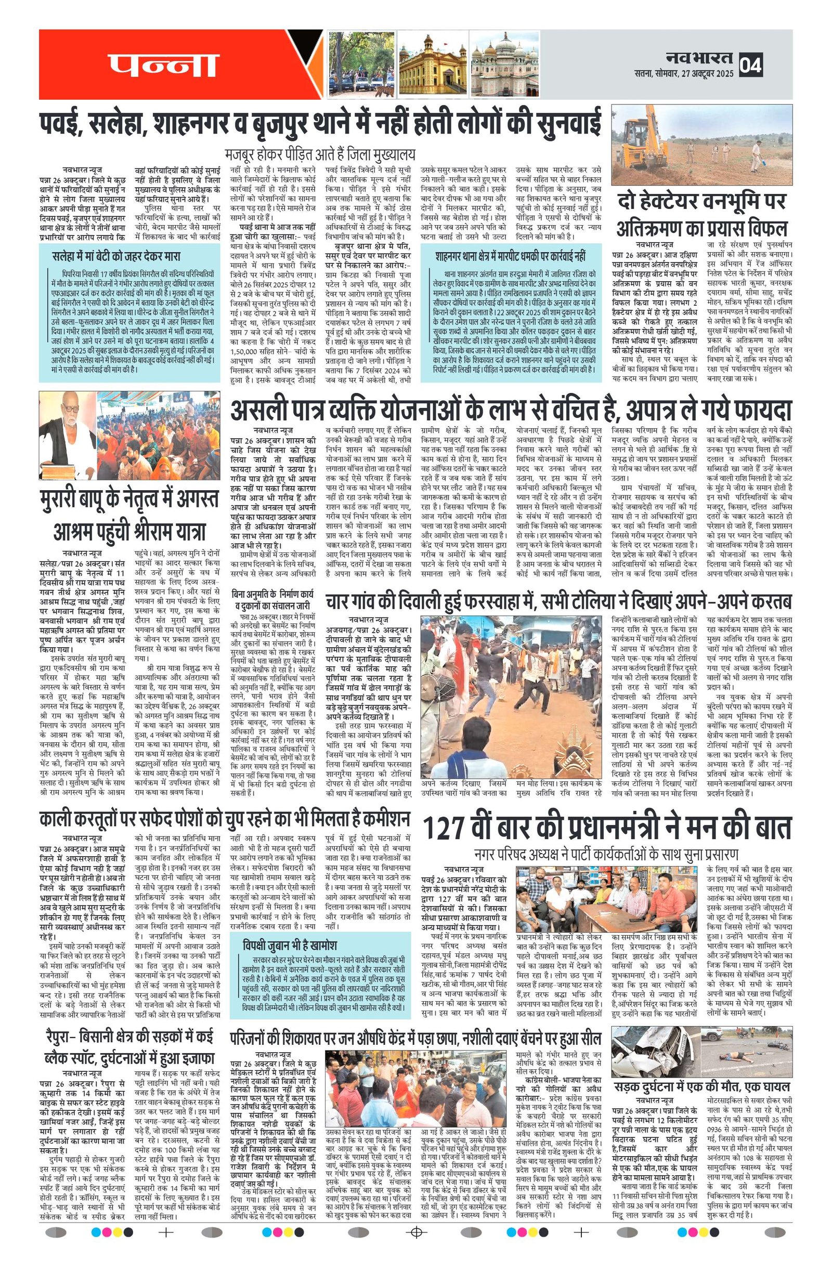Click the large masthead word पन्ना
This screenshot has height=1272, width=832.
point(163,65)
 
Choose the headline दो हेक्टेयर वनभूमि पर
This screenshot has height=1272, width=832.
point(702,202)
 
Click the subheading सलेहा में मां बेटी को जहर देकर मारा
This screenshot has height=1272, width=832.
point(116,255)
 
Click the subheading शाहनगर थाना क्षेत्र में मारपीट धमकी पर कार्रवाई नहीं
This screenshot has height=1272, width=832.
point(511,255)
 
